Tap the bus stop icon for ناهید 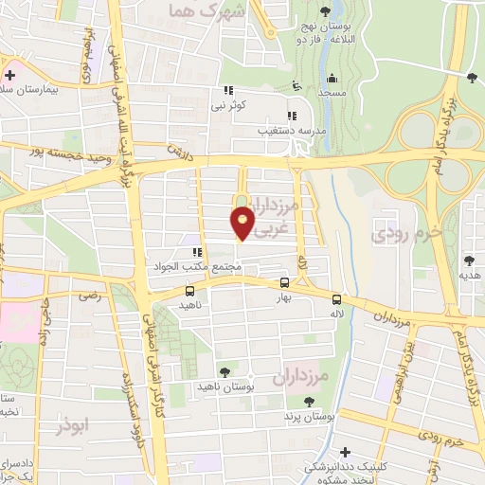[x=189, y=292]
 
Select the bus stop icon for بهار [x=285, y=282]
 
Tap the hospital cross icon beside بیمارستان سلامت [x=9, y=74]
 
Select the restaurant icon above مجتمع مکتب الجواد [x=198, y=252]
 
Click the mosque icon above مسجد [x=332, y=81]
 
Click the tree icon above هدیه [x=469, y=260]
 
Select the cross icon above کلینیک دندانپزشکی [x=345, y=452]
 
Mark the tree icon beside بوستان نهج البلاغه [x=326, y=11]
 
